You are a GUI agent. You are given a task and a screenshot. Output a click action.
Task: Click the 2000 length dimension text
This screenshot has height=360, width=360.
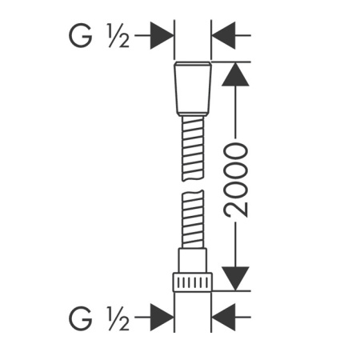[234, 181]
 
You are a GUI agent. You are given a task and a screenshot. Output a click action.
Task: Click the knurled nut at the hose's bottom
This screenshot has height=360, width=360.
[193, 282]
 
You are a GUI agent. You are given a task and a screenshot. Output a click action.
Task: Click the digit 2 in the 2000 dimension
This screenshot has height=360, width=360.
[234, 209]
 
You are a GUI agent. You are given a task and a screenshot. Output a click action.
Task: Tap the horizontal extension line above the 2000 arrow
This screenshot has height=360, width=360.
[232, 61]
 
